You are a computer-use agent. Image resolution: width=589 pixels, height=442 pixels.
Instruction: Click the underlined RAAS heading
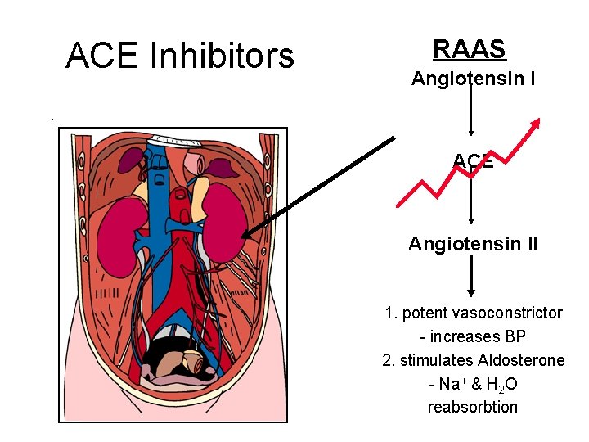tap(470, 49)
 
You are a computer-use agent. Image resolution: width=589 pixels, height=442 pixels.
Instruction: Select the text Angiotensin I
tap(473, 79)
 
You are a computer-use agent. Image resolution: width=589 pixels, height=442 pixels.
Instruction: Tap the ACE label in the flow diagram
tap(473, 161)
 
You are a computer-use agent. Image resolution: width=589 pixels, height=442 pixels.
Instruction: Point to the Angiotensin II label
tap(473, 243)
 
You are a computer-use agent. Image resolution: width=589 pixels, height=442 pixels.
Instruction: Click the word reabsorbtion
tap(473, 407)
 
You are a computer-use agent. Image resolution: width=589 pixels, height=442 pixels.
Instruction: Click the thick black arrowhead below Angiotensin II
tap(470, 290)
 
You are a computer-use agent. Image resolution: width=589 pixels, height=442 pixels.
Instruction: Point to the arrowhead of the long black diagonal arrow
tap(248, 233)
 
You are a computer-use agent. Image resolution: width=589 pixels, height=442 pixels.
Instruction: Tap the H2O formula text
tap(501, 384)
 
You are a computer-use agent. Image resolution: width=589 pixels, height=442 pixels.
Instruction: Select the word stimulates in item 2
tap(438, 360)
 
